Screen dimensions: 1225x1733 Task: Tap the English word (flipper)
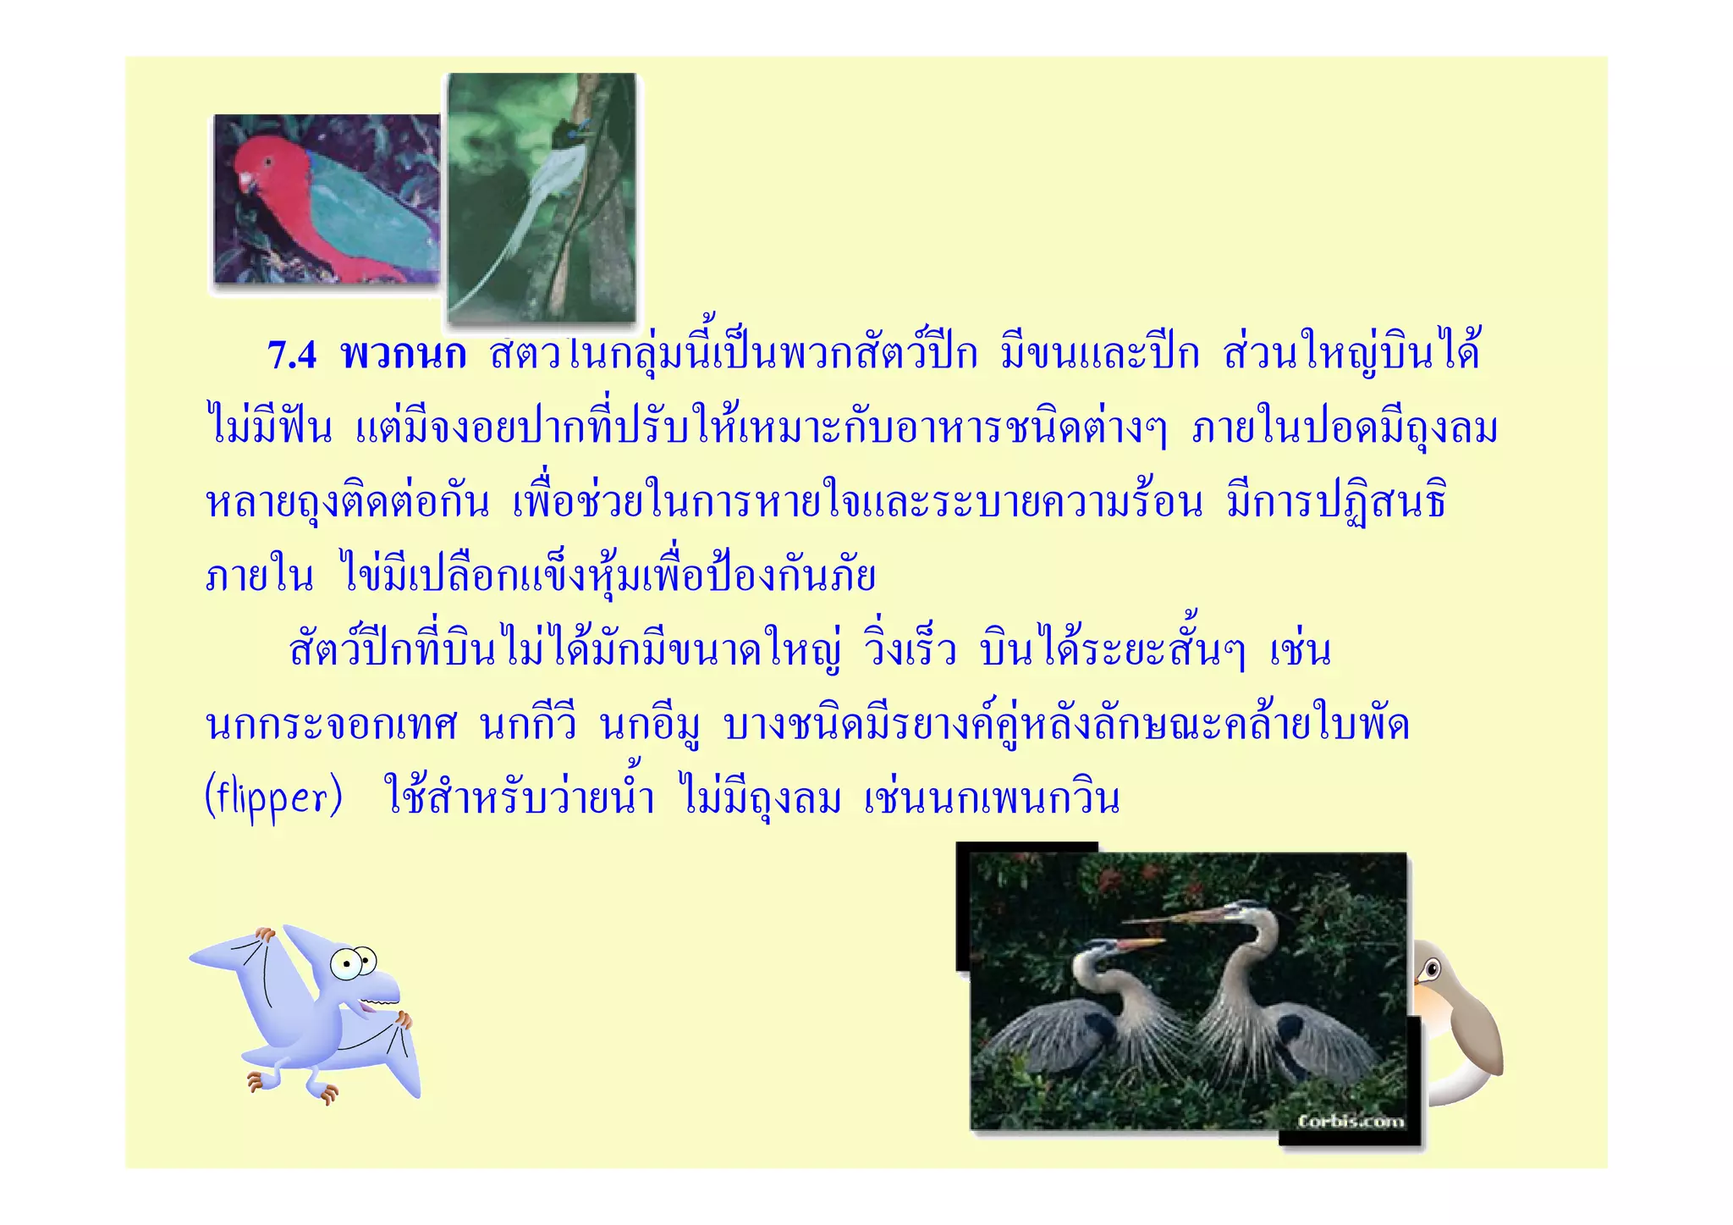(x=273, y=799)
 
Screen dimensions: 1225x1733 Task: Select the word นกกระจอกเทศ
(x=332, y=726)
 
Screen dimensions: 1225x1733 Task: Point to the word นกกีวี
(x=528, y=726)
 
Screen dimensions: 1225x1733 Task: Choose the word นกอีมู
(x=650, y=726)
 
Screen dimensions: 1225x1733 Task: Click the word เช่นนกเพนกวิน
(x=992, y=799)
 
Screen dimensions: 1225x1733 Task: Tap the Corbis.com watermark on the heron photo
(x=1351, y=1121)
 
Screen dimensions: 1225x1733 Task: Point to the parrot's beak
(x=246, y=183)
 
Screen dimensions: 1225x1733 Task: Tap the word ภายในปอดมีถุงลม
(x=1345, y=428)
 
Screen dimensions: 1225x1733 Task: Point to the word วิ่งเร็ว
(x=910, y=651)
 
